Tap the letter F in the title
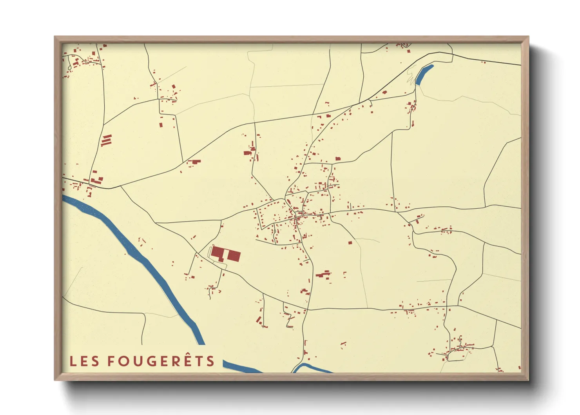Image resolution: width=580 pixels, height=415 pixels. click(x=112, y=361)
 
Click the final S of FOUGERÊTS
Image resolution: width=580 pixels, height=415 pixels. click(x=211, y=361)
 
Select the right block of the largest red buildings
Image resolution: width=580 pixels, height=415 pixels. click(x=234, y=256)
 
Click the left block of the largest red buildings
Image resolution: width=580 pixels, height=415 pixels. click(x=217, y=253)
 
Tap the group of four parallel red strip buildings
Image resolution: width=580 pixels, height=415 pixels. click(x=107, y=140)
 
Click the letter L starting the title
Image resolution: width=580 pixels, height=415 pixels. click(x=72, y=361)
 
